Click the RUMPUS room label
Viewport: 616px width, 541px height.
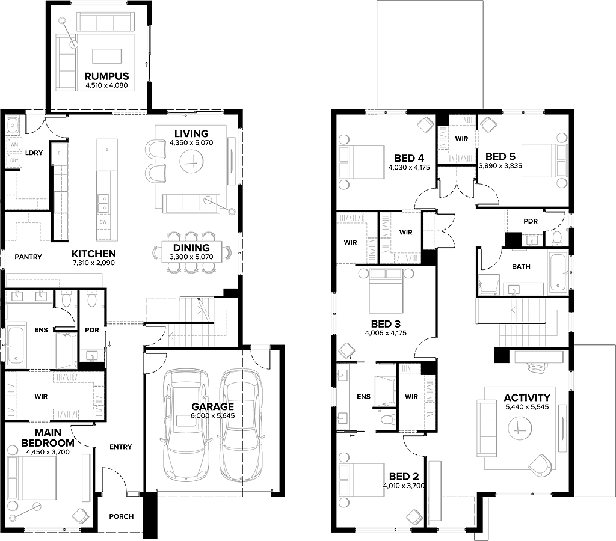point(106,76)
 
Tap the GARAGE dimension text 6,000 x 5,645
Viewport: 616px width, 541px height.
point(212,415)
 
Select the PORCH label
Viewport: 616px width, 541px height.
point(122,516)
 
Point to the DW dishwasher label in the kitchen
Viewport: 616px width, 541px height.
point(103,222)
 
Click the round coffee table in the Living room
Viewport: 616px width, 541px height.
point(192,161)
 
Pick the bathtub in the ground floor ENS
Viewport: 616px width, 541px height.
point(16,344)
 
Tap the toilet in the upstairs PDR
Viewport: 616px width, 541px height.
point(557,238)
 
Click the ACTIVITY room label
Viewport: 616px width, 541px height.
point(527,398)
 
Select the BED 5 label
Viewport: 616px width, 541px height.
point(500,157)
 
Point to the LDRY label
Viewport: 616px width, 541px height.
point(34,153)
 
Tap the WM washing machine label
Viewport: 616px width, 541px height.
point(14,144)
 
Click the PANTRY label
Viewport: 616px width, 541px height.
point(28,257)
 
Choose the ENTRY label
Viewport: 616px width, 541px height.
point(120,447)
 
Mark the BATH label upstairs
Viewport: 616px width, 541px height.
point(521,266)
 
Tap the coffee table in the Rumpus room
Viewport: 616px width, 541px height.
point(107,56)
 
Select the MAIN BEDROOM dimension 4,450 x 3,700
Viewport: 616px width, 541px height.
point(48,452)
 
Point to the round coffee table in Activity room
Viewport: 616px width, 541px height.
point(520,428)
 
